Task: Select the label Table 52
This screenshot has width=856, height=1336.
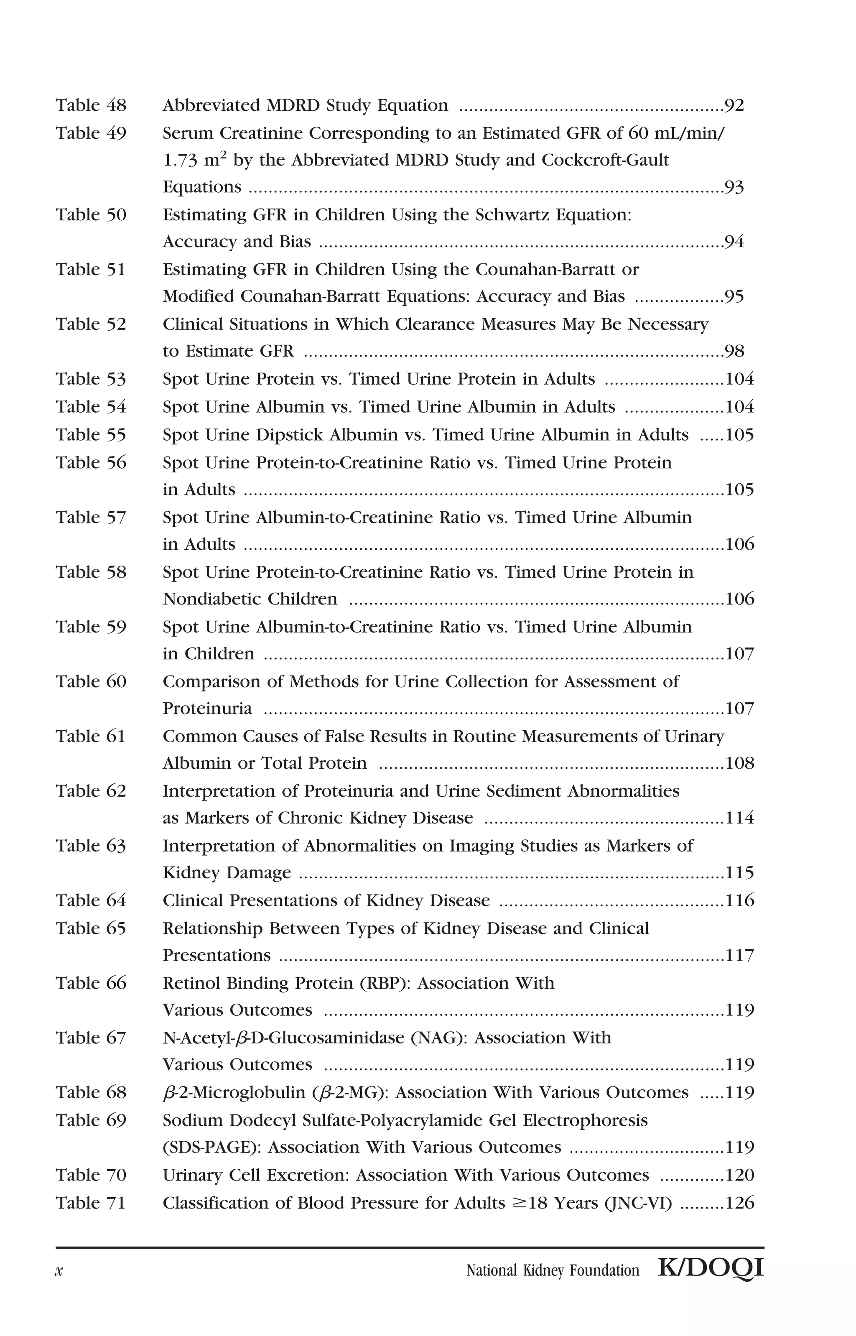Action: (x=91, y=324)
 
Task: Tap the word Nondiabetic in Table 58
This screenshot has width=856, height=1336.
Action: (x=209, y=599)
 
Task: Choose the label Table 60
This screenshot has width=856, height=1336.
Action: (x=91, y=681)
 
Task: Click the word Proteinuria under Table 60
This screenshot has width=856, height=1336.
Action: (x=207, y=709)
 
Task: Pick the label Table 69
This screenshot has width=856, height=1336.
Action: (x=91, y=1120)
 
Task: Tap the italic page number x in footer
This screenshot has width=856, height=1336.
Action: (x=59, y=1271)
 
